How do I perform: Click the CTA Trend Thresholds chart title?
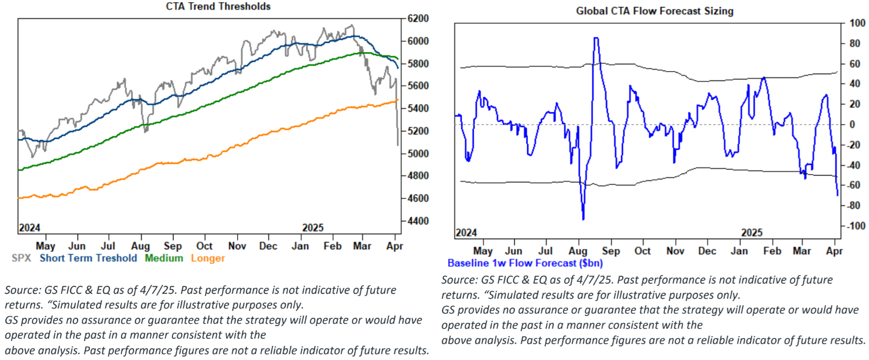point(218,7)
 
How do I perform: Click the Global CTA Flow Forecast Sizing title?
point(654,11)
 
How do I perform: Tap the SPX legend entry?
point(21,258)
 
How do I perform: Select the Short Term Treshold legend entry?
point(88,258)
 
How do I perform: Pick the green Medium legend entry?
point(164,258)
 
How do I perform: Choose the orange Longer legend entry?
point(208,258)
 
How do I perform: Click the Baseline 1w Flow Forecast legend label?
point(525,263)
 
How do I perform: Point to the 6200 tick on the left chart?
point(418,18)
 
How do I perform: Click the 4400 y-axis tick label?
point(418,221)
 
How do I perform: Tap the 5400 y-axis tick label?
point(418,108)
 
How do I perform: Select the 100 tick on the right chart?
point(858,23)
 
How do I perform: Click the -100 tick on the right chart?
point(856,226)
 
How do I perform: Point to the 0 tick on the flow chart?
point(852,125)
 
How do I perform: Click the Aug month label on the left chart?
point(140,246)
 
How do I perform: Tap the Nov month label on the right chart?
point(675,251)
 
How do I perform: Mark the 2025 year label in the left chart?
point(312,228)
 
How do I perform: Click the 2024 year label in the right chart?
point(466,233)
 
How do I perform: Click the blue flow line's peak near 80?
point(596,38)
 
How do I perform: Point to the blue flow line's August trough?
point(583,219)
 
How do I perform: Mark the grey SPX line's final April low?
point(398,145)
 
